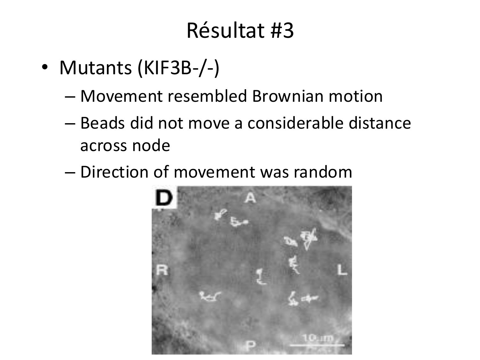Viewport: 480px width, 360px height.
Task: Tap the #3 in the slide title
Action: pyautogui.click(x=282, y=31)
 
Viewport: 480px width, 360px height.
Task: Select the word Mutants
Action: pyautogui.click(x=96, y=68)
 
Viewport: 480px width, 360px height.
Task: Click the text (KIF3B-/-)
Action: pyautogui.click(x=179, y=68)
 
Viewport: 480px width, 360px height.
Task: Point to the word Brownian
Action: pyautogui.click(x=288, y=96)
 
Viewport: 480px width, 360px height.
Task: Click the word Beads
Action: pyautogui.click(x=103, y=123)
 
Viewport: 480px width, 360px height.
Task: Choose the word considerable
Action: pyautogui.click(x=295, y=123)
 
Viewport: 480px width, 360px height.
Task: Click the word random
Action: pyautogui.click(x=323, y=172)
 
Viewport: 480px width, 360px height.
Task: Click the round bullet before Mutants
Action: pyautogui.click(x=44, y=67)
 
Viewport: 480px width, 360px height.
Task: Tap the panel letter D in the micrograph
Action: pyautogui.click(x=164, y=197)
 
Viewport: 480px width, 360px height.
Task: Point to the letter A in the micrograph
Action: pyautogui.click(x=250, y=198)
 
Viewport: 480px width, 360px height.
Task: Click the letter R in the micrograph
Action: pyautogui.click(x=162, y=270)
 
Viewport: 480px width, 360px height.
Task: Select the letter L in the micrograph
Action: pyautogui.click(x=342, y=270)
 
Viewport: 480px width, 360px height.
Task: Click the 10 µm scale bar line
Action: pyautogui.click(x=317, y=345)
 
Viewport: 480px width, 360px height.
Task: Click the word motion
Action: pyautogui.click(x=356, y=96)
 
